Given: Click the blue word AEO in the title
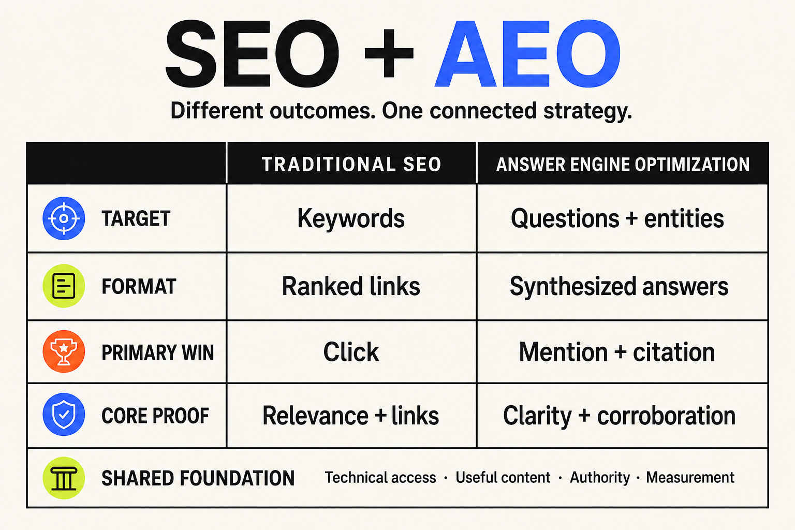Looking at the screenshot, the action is pos(528,53).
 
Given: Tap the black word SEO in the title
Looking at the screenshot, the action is pos(252,53).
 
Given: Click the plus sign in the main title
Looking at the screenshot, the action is pos(389,53).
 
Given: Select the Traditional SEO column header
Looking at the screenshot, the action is pos(351,165).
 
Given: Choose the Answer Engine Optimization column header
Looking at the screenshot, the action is pos(623,165).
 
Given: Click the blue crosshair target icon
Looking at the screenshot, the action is pos(64,218).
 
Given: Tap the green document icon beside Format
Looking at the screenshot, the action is pos(64,286).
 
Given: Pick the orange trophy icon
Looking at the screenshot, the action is pos(64,351).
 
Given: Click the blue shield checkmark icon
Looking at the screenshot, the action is pos(64,414).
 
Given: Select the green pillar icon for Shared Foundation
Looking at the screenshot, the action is pos(64,478).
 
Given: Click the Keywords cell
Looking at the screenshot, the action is pos(351,218).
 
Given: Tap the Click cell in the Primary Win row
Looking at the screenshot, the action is pos(351,352).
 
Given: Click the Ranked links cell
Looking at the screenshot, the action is pos(351,286).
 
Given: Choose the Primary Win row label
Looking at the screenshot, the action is pos(158,352).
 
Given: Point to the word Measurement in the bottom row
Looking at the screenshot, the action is pos(690,477).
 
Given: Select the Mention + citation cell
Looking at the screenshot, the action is pos(617,352).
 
